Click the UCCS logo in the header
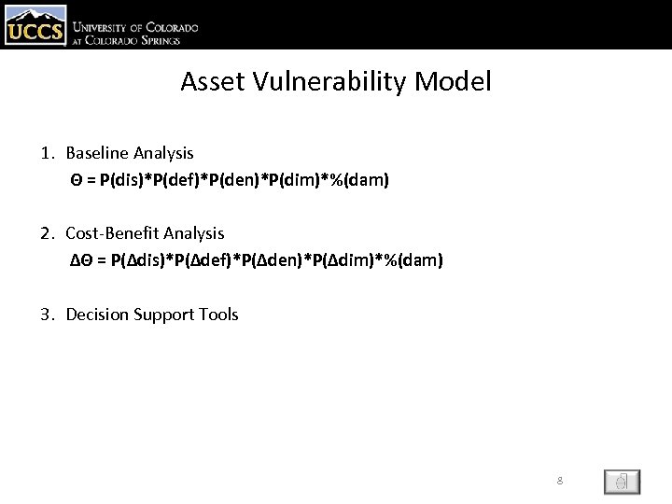pos(35,25)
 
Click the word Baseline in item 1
pos(97,151)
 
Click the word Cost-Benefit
pos(110,232)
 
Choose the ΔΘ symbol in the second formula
pos(82,259)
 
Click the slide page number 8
pos(559,481)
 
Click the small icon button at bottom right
pos(622,481)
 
